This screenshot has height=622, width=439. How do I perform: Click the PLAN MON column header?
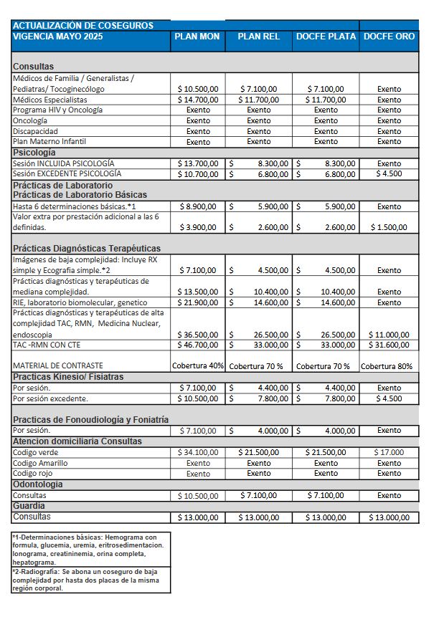(x=198, y=37)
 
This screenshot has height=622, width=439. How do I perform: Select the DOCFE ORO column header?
(x=390, y=37)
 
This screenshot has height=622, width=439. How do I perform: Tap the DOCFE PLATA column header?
(x=326, y=37)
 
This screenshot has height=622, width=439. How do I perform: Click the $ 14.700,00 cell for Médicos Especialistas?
(x=198, y=100)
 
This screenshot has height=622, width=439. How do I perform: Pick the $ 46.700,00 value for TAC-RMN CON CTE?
(x=198, y=345)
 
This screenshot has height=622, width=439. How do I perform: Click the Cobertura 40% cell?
(x=198, y=365)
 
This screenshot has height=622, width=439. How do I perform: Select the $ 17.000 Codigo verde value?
(x=390, y=453)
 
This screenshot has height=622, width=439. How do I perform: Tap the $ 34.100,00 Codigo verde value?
(x=198, y=453)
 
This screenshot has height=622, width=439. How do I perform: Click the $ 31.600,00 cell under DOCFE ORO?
(x=390, y=345)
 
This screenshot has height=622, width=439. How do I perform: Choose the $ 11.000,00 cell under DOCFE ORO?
(x=390, y=335)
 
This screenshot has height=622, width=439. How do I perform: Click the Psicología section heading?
(x=34, y=153)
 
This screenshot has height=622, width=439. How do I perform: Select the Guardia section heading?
(x=29, y=506)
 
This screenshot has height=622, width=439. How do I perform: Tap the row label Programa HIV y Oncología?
(x=58, y=110)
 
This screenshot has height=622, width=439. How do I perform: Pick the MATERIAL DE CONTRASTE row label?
(x=58, y=365)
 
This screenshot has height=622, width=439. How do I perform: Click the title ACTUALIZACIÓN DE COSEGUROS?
(x=83, y=25)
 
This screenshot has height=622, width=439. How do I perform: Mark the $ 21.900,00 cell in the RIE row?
(x=198, y=303)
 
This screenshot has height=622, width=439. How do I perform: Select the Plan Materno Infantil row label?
(x=49, y=142)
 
